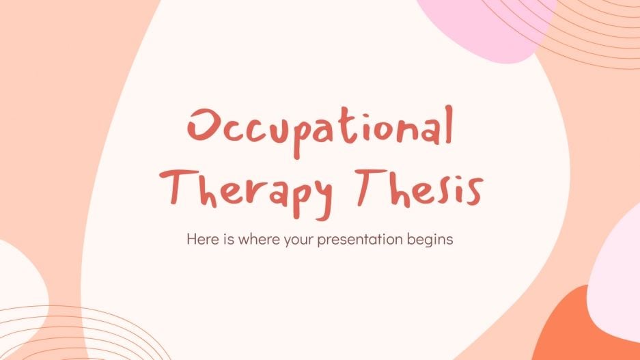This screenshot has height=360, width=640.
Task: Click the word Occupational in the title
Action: click(x=320, y=130)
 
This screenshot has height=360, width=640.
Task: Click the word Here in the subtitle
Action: click(x=199, y=240)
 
